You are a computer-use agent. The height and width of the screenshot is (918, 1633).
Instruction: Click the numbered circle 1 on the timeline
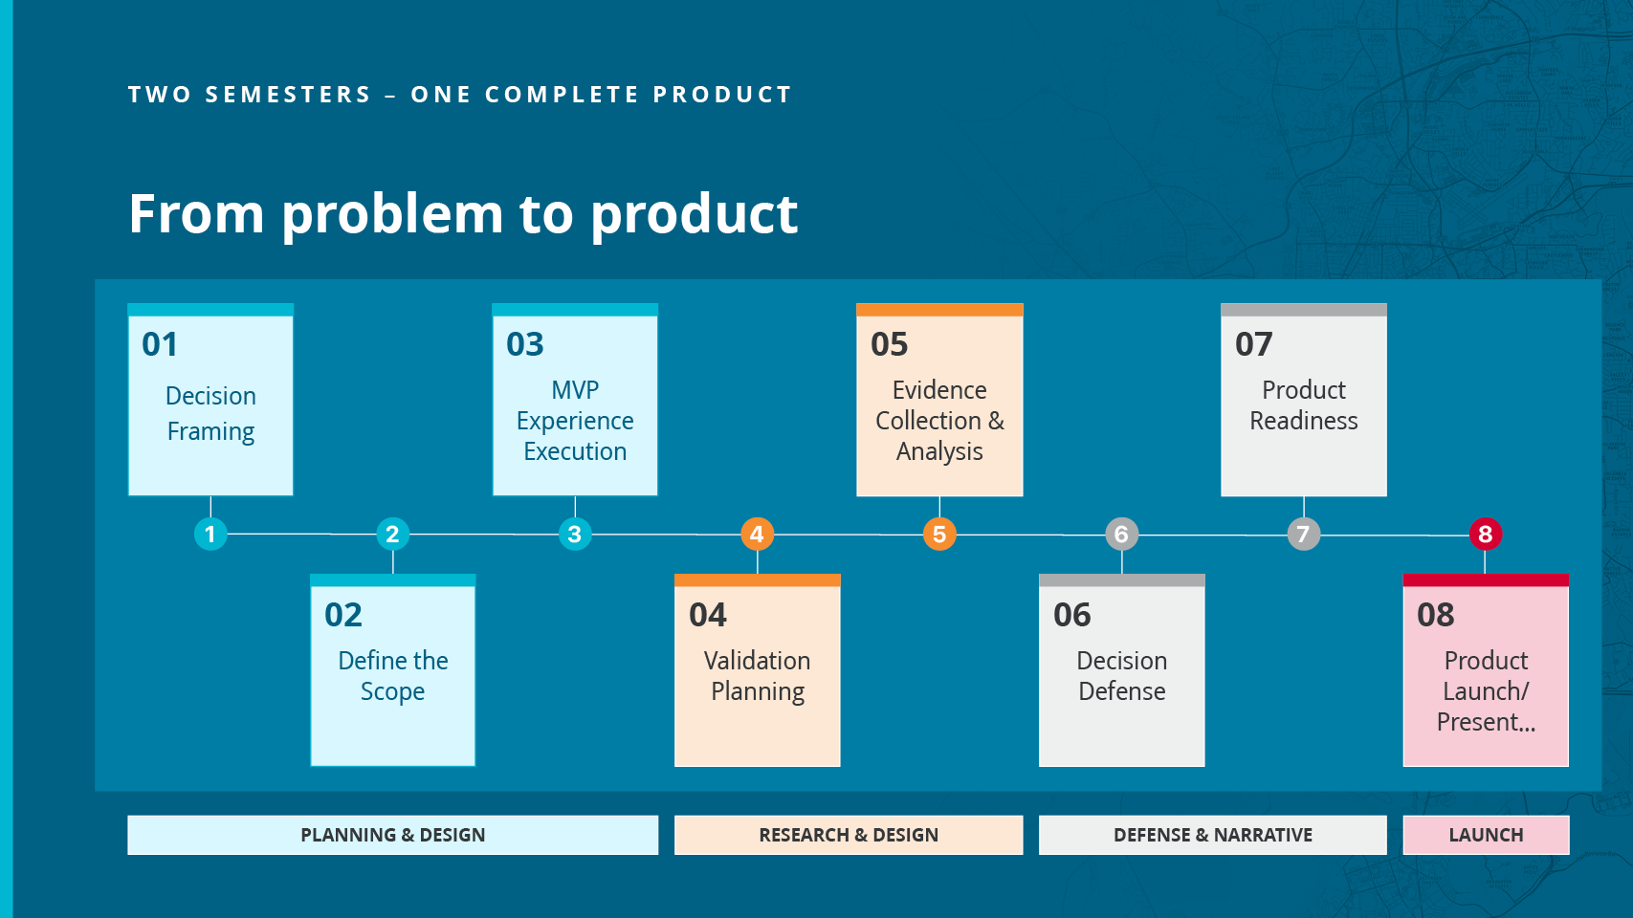pos(210,534)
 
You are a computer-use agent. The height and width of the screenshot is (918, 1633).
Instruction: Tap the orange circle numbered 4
pos(758,534)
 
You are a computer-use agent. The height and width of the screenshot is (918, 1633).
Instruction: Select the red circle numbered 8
pos(1486,534)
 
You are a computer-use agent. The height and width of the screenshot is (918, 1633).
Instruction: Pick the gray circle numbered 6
pos(1122,534)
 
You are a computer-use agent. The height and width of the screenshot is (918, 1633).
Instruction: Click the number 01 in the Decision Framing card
pos(160,344)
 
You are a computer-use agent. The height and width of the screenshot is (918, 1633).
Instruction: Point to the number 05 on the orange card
pos(890,344)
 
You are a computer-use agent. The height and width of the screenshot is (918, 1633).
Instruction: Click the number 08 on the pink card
pos(1435,615)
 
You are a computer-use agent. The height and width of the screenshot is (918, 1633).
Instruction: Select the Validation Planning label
pos(758,675)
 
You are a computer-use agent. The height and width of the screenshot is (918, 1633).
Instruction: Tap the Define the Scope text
pos(393,675)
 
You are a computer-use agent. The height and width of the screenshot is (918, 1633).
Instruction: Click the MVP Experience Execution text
pos(575,421)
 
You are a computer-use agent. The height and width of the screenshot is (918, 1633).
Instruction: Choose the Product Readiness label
pos(1304,405)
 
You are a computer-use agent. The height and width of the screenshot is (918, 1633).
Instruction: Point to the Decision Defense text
pos(1122,675)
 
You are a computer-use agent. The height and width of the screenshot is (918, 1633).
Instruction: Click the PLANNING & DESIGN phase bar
pos(393,835)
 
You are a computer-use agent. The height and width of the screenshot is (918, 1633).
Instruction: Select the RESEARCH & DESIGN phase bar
pos(849,835)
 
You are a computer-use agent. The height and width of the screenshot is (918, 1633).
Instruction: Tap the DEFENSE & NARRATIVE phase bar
pos(1213,835)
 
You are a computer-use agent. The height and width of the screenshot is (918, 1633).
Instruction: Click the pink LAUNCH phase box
pos(1486,835)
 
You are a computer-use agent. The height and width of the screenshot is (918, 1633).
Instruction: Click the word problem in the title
pos(392,216)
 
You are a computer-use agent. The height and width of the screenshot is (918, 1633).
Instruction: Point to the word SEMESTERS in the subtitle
pos(288,95)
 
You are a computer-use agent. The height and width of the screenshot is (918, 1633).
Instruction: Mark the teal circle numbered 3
pos(575,534)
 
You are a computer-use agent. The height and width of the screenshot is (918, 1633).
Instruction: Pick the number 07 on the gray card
pos(1253,344)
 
